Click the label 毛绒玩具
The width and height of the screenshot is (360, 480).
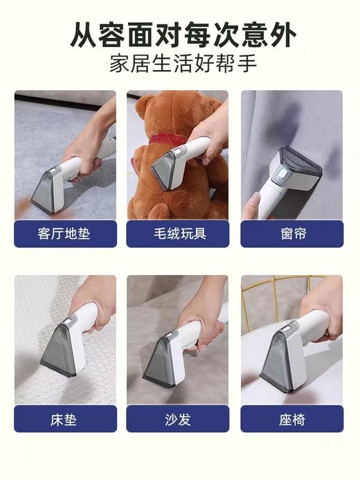tap(177, 233)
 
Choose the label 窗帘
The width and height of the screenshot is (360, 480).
tap(291, 233)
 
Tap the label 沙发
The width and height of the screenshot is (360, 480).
tap(177, 419)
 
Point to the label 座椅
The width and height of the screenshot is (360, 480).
tap(291, 419)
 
